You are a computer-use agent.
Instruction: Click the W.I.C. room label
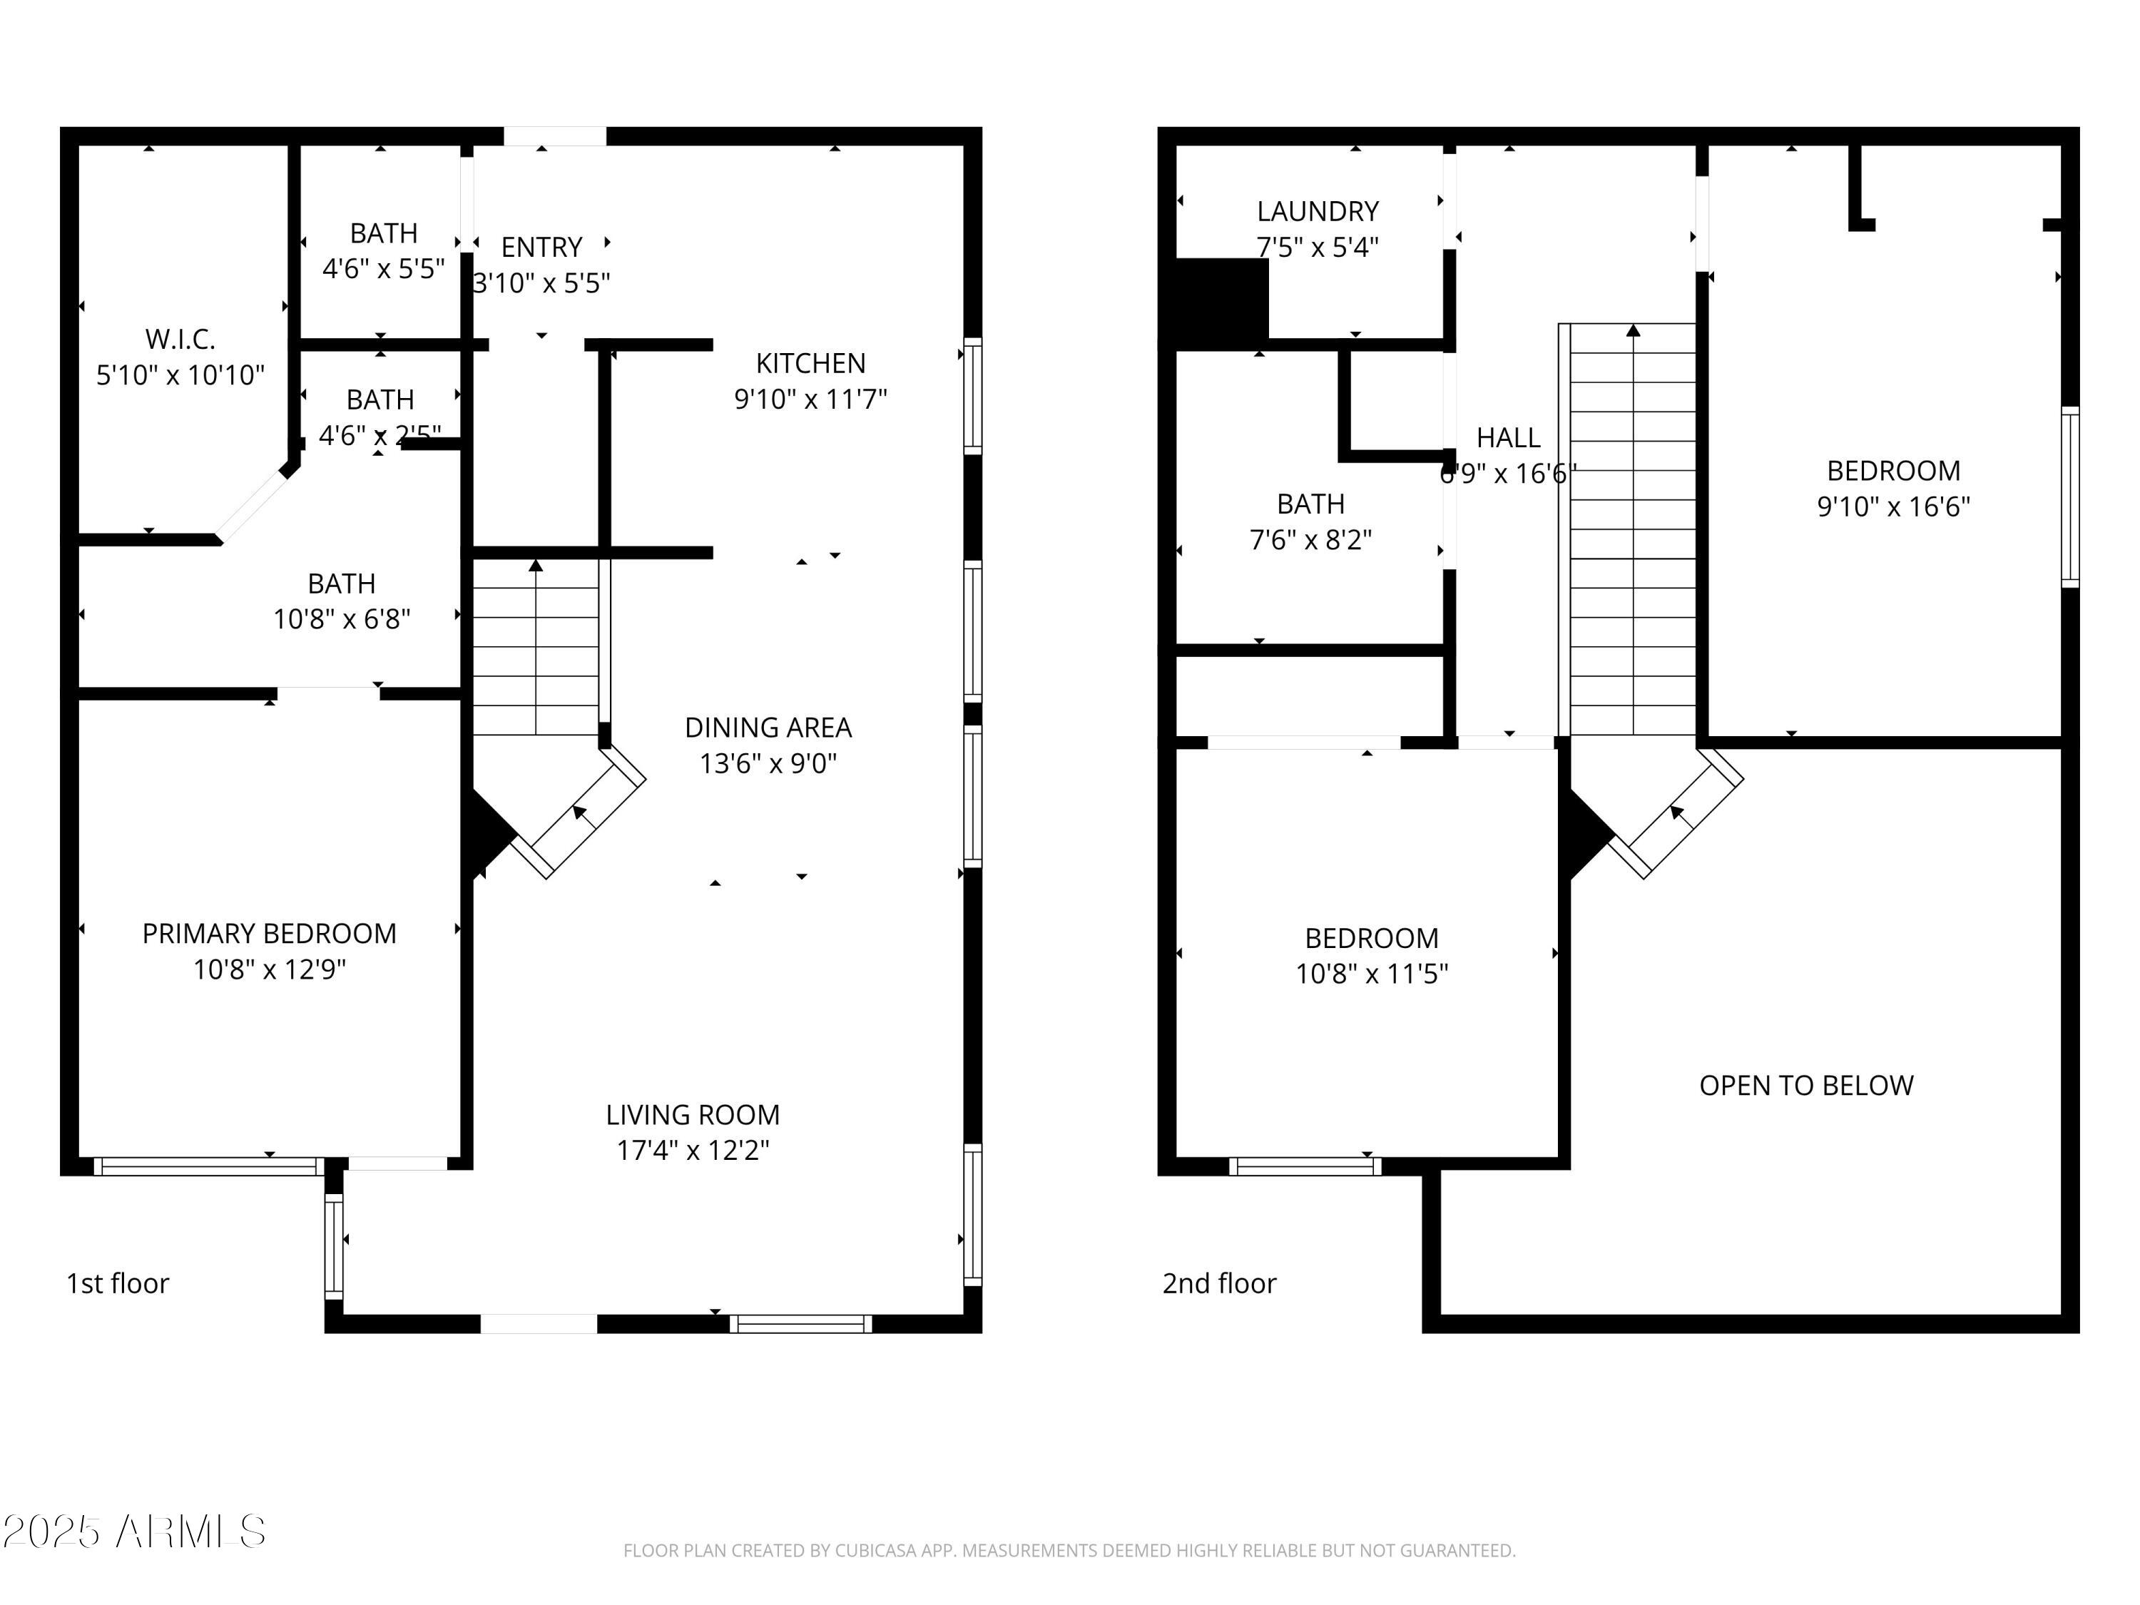[180, 340]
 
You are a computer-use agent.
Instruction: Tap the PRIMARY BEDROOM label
[269, 934]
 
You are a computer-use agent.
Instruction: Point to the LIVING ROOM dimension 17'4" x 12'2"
[693, 1151]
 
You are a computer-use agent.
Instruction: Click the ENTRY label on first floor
[541, 248]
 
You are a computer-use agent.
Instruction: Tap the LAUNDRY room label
[1317, 212]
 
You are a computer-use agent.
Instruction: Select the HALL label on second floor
[1507, 438]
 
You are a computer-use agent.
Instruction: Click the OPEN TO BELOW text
[1805, 1086]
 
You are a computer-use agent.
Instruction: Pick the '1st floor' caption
[117, 1284]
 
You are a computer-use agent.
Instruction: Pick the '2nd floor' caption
[1219, 1284]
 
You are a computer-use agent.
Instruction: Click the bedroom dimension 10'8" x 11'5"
[1371, 974]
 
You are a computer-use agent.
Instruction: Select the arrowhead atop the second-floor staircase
[1633, 331]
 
